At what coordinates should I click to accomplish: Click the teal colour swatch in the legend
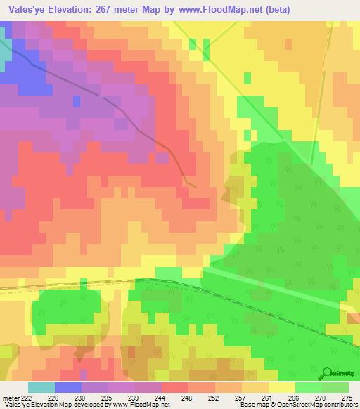pyautogui.click(x=41, y=387)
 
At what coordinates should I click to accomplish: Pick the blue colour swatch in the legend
pyautogui.click(x=68, y=387)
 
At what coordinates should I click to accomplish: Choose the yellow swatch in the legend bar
pyautogui.click(x=282, y=387)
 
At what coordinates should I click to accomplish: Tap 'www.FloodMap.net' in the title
pyautogui.click(x=219, y=11)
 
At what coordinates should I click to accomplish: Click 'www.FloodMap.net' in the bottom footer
pyautogui.click(x=140, y=405)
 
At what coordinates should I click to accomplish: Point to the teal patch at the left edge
pyautogui.click(x=5, y=53)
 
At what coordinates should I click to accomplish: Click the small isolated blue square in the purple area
pyautogui.click(x=76, y=100)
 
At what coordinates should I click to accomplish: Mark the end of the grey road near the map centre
pyautogui.click(x=195, y=186)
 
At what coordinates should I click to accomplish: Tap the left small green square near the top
pyautogui.click(x=193, y=45)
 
